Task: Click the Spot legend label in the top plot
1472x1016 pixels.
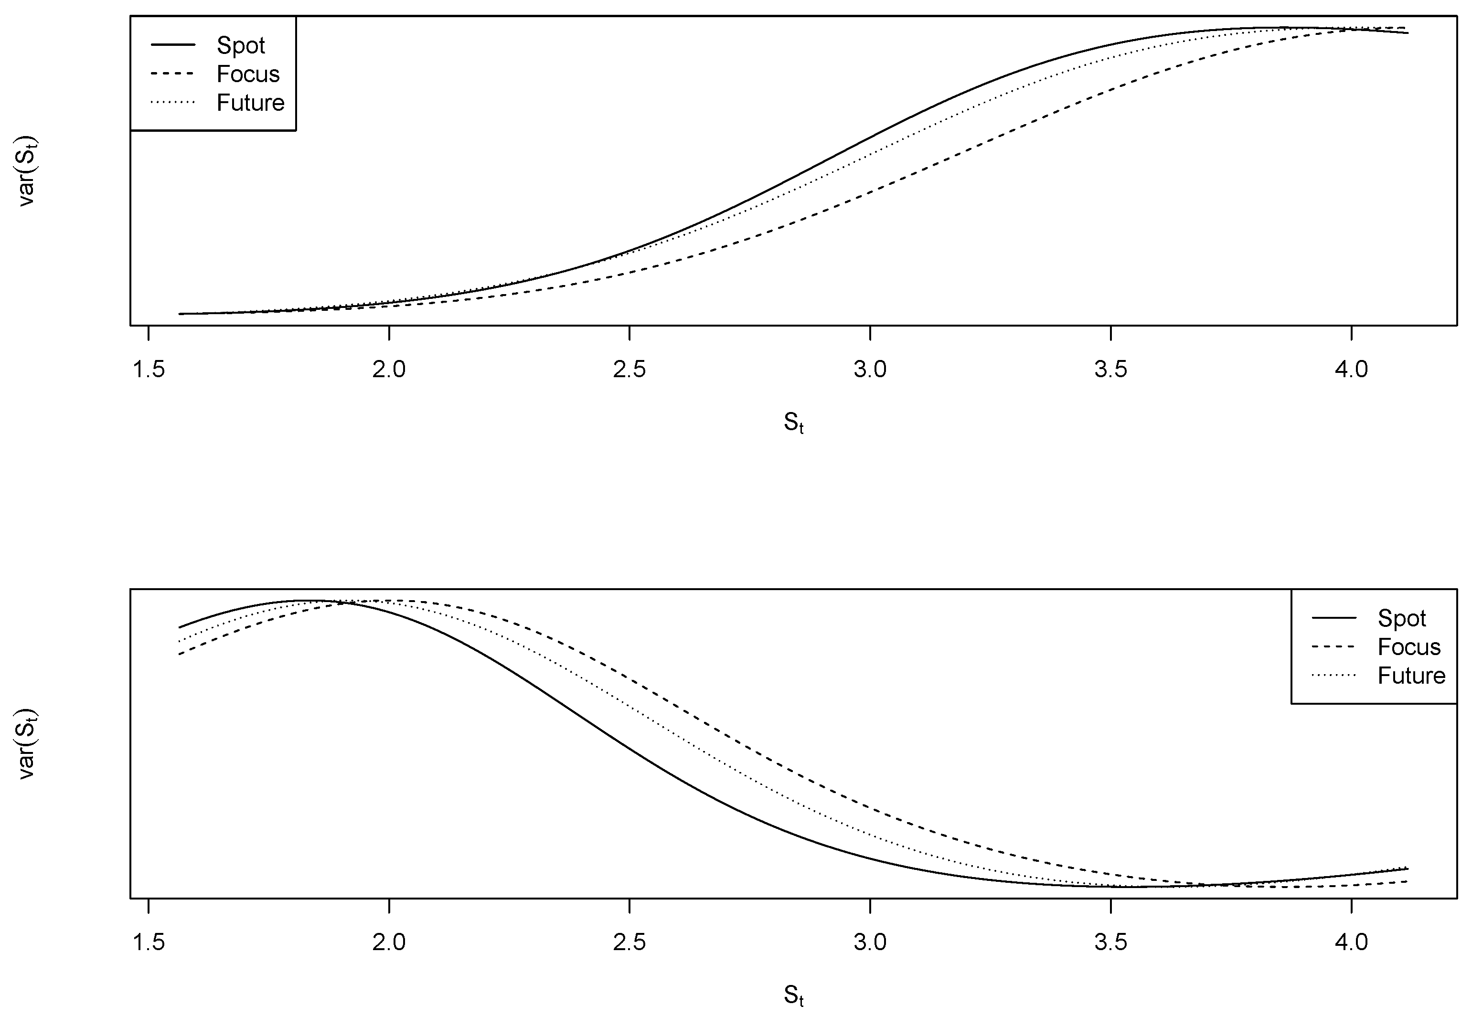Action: tap(241, 45)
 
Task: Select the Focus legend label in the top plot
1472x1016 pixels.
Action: tap(248, 74)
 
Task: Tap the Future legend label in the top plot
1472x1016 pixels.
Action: tap(250, 103)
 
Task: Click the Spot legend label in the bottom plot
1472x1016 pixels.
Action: tap(1402, 618)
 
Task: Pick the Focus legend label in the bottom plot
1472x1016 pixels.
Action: tap(1409, 647)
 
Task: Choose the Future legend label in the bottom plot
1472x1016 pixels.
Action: tap(1411, 676)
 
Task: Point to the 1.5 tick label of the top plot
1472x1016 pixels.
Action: tap(149, 369)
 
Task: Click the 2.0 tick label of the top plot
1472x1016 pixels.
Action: tap(389, 369)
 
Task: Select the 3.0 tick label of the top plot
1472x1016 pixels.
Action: tap(870, 369)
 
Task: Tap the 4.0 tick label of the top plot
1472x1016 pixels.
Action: tap(1351, 369)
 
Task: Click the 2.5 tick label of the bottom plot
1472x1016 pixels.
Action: tap(629, 942)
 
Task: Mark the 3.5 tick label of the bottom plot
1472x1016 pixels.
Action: tap(1110, 942)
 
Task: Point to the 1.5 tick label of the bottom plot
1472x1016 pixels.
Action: tap(149, 942)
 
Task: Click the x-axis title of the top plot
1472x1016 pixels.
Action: tap(793, 423)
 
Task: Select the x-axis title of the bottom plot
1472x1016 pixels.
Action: tap(793, 995)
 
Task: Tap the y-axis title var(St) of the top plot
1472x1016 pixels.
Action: tap(27, 170)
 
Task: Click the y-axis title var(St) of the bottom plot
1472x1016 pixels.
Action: tap(27, 743)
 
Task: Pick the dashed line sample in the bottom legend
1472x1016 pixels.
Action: tap(1334, 647)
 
